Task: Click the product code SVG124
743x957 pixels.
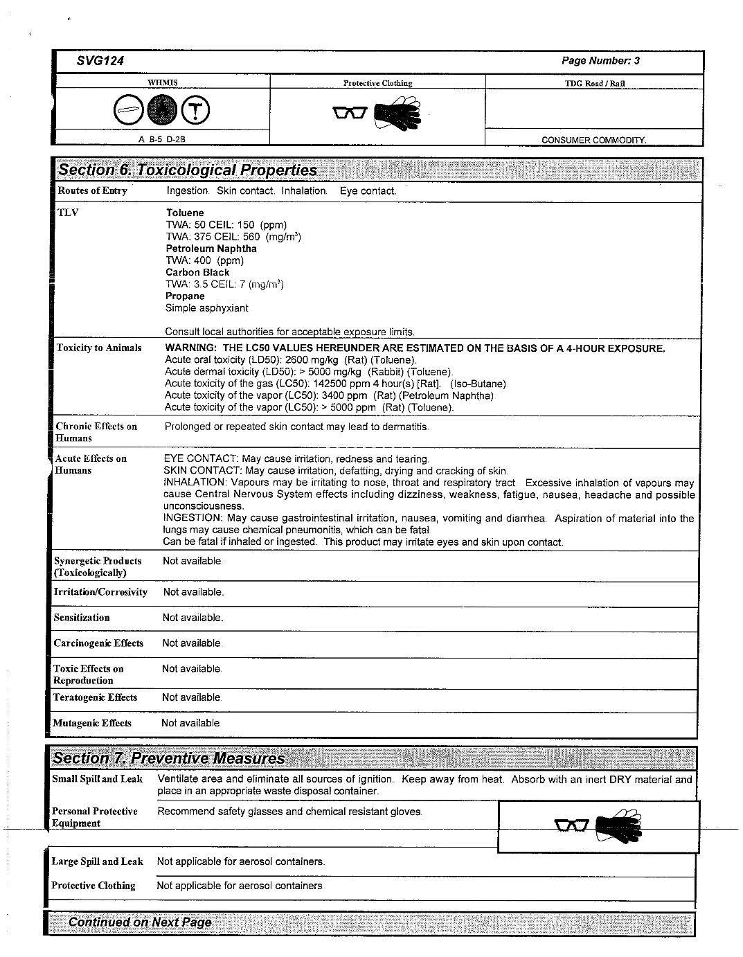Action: pyautogui.click(x=100, y=61)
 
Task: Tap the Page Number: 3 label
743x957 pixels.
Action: pyautogui.click(x=600, y=61)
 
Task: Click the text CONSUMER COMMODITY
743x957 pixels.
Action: pyautogui.click(x=593, y=140)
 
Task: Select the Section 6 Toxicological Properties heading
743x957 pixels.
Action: pyautogui.click(x=188, y=170)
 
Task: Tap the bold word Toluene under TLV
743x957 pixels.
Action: pyautogui.click(x=185, y=213)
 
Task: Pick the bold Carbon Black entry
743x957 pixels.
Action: pyautogui.click(x=197, y=272)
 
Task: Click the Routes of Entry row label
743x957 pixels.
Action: pyautogui.click(x=92, y=190)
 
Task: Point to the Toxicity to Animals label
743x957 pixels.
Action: pyautogui.click(x=98, y=348)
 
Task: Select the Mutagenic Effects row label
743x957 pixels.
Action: pyautogui.click(x=92, y=723)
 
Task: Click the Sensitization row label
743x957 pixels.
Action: pyautogui.click(x=82, y=618)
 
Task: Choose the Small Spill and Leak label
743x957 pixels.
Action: pyautogui.click(x=97, y=779)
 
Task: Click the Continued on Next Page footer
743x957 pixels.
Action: pyautogui.click(x=140, y=922)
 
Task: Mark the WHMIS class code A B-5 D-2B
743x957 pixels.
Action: pyautogui.click(x=162, y=139)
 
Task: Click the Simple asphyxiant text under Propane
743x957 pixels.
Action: pyautogui.click(x=206, y=308)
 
